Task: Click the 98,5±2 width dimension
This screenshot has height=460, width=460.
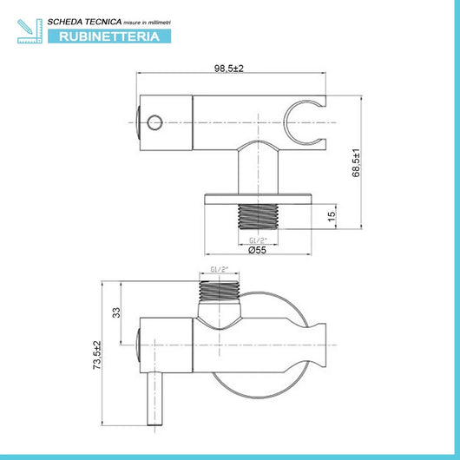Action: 229,69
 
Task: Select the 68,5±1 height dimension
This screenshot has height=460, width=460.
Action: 356,163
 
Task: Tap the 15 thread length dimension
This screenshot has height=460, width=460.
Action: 332,216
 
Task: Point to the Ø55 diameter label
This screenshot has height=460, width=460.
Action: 257,250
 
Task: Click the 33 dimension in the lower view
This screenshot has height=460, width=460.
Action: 116,312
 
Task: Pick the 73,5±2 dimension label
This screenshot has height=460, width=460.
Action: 97,355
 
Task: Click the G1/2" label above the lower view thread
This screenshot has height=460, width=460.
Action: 219,269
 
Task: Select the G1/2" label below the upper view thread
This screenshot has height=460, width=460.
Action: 258,240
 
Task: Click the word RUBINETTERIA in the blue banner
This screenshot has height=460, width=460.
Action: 109,36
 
